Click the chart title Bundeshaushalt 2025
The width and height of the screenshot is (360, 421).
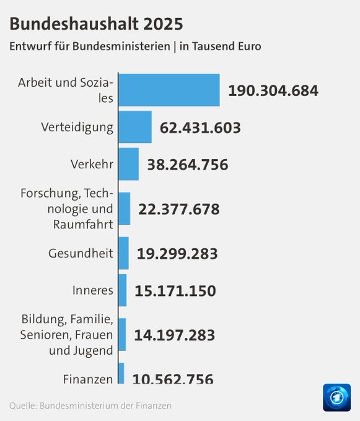96,24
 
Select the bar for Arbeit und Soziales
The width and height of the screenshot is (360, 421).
169,90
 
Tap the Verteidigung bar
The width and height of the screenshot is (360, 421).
135,127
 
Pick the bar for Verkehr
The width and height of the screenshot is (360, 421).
129,164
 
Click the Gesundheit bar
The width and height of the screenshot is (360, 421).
123,253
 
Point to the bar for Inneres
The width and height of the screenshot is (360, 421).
123,290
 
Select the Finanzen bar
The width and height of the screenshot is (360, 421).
121,373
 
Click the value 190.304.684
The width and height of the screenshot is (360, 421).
273,90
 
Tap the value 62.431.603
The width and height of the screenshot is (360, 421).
200,128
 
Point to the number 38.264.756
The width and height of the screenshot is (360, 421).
188,165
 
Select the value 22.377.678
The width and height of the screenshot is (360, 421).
179,209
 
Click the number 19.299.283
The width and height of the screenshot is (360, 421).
177,254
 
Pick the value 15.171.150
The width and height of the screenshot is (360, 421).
175,291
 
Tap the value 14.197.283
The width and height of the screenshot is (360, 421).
175,335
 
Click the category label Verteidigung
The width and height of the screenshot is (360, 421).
77,128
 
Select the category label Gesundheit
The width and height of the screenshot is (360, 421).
81,253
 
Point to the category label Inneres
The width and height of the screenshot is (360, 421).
93,290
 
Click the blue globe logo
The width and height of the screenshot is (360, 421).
337,397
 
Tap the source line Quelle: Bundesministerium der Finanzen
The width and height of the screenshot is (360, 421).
90,406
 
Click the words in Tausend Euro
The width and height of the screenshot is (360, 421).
221,46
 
